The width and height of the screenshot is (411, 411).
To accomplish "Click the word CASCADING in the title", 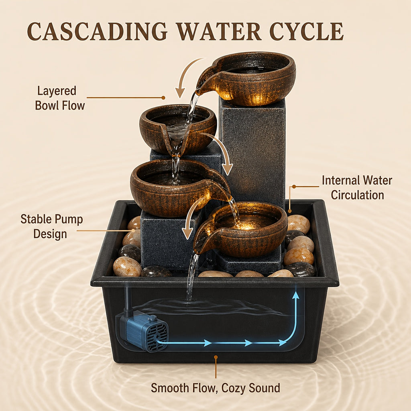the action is (97, 32).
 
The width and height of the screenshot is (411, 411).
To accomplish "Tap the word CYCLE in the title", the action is (306, 32).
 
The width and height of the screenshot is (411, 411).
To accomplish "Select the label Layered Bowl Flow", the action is (59, 98).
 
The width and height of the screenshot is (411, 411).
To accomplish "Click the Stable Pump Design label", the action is (52, 226).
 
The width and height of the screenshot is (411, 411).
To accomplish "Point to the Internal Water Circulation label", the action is (357, 188).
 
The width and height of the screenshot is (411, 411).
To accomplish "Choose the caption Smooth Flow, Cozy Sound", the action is (216, 388).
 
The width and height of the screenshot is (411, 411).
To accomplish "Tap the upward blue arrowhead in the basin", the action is (296, 295).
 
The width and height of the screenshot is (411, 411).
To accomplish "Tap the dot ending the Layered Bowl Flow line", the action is (163, 98).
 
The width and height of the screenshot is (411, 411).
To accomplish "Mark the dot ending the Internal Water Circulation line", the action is (294, 187).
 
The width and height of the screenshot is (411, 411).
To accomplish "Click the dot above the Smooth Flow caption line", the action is (216, 357).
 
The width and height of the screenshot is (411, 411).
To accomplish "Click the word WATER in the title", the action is (218, 32).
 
